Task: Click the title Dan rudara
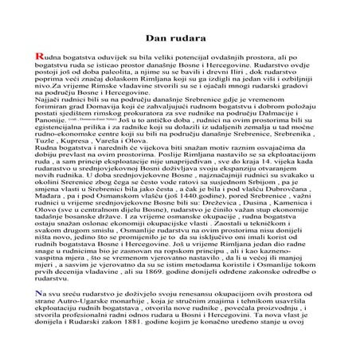(180, 37)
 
